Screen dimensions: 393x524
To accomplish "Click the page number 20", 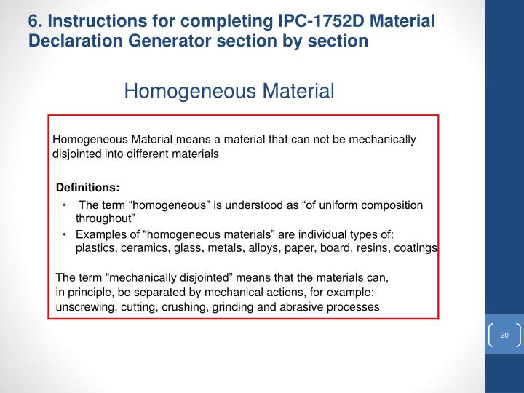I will (x=504, y=334).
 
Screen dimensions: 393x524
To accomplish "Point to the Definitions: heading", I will (x=88, y=187).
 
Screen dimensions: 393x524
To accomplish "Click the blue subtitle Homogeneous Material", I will (x=229, y=91).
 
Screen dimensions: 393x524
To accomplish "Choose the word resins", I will (x=367, y=247).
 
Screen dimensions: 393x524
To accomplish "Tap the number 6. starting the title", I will (x=33, y=21).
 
